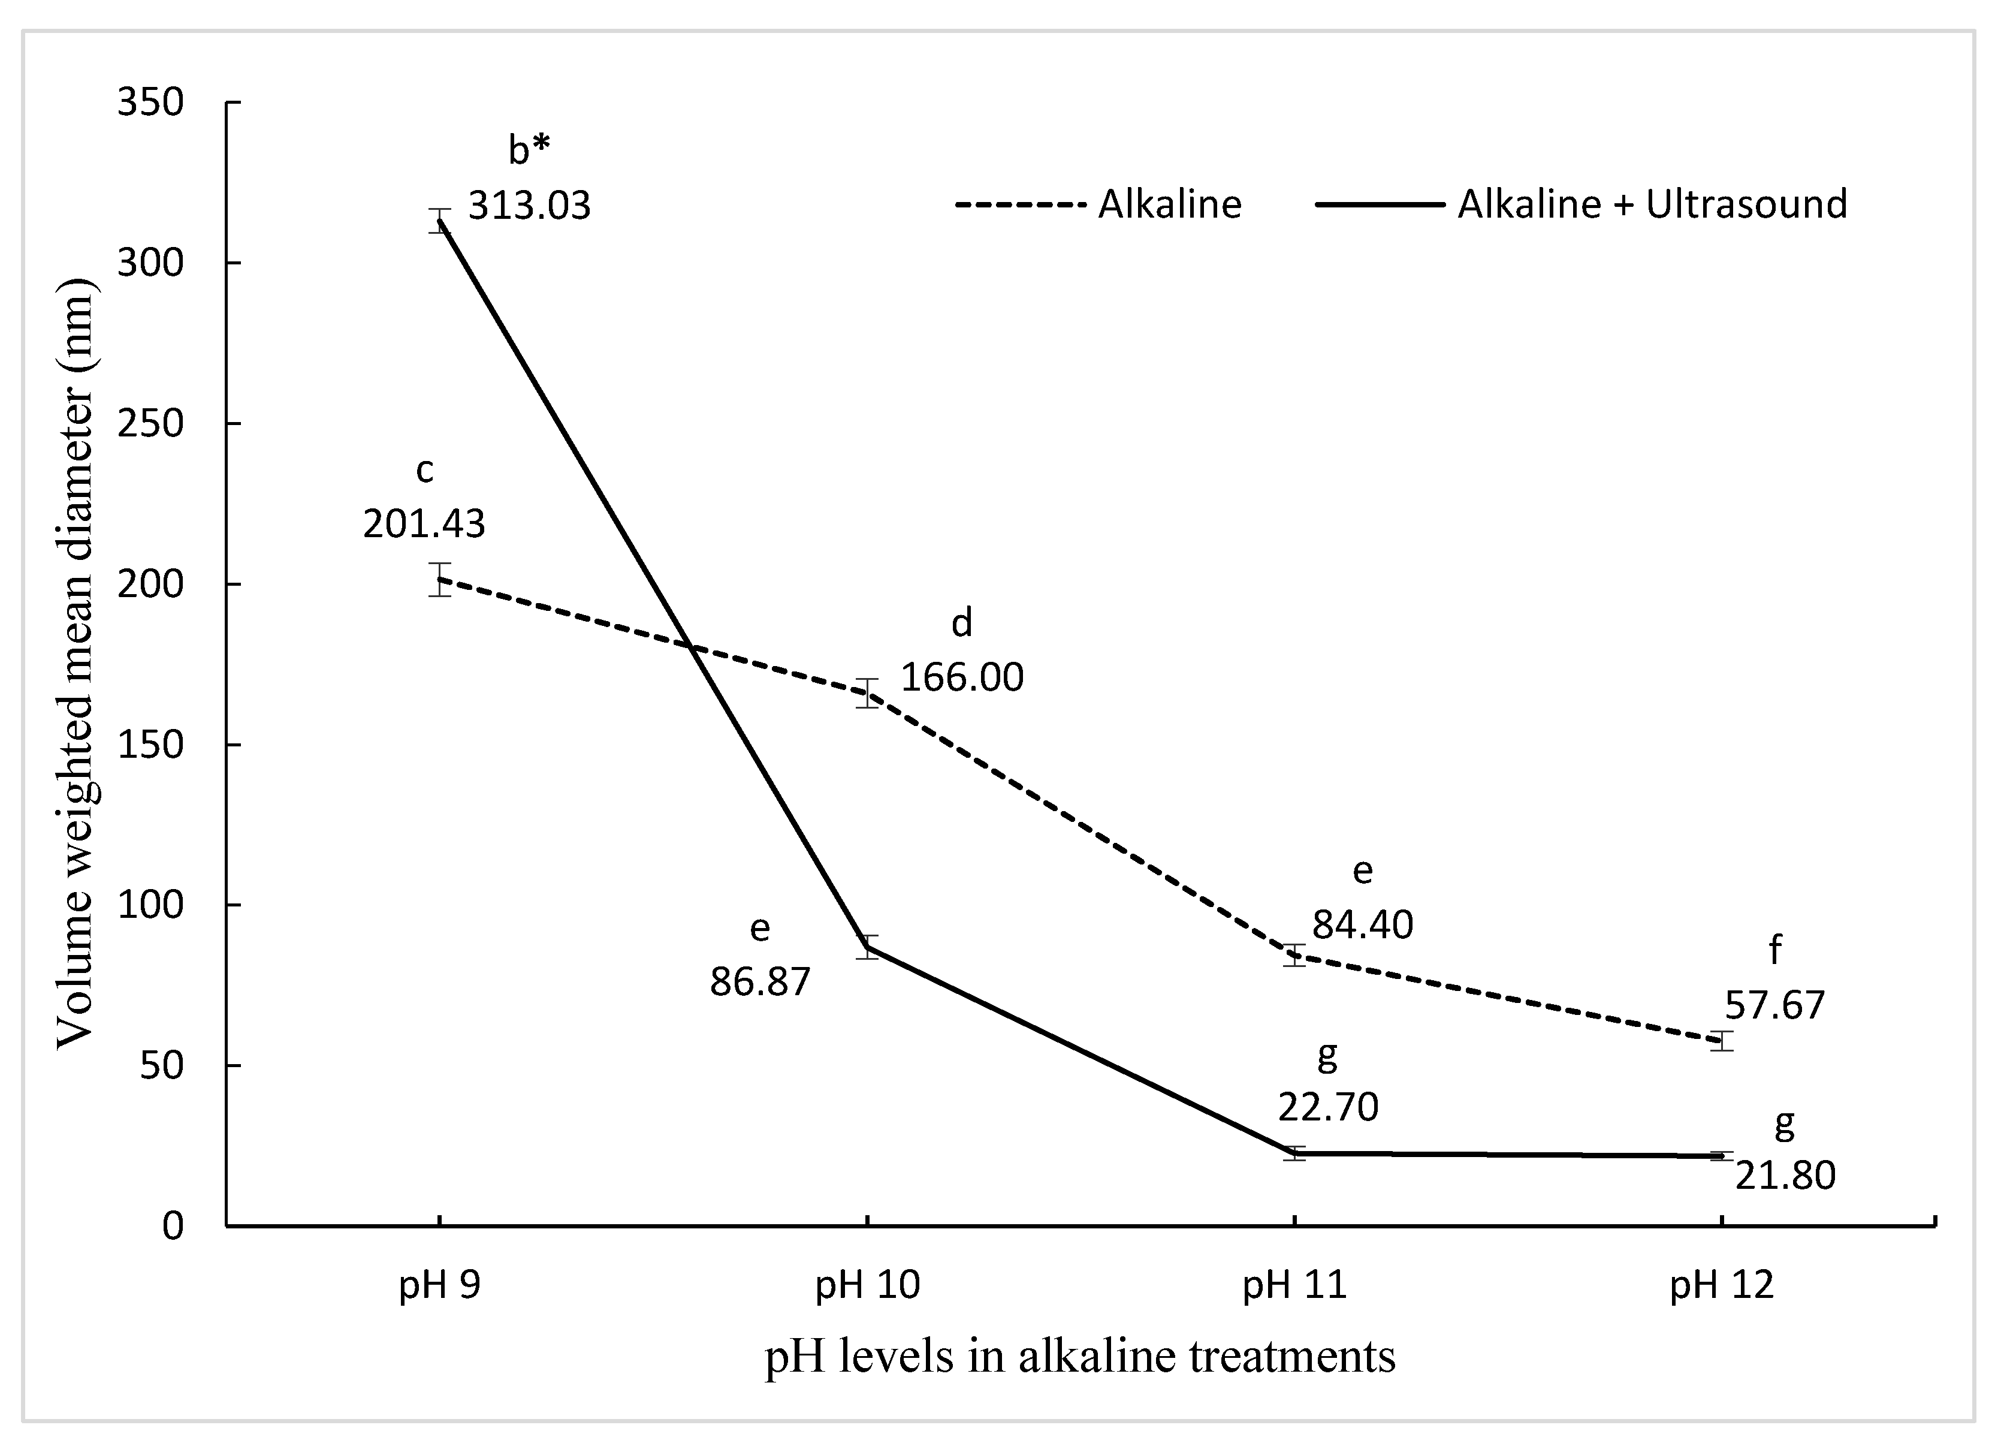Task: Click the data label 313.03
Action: pos(529,206)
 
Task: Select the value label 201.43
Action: pos(424,525)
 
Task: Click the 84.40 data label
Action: pos(1362,925)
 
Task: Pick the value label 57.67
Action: pos(1774,1005)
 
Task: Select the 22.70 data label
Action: pos(1328,1107)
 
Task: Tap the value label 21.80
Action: pos(1785,1176)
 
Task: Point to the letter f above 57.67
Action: pos(1775,951)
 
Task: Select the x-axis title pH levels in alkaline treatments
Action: pos(1080,1356)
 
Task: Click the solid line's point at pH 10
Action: pos(867,947)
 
